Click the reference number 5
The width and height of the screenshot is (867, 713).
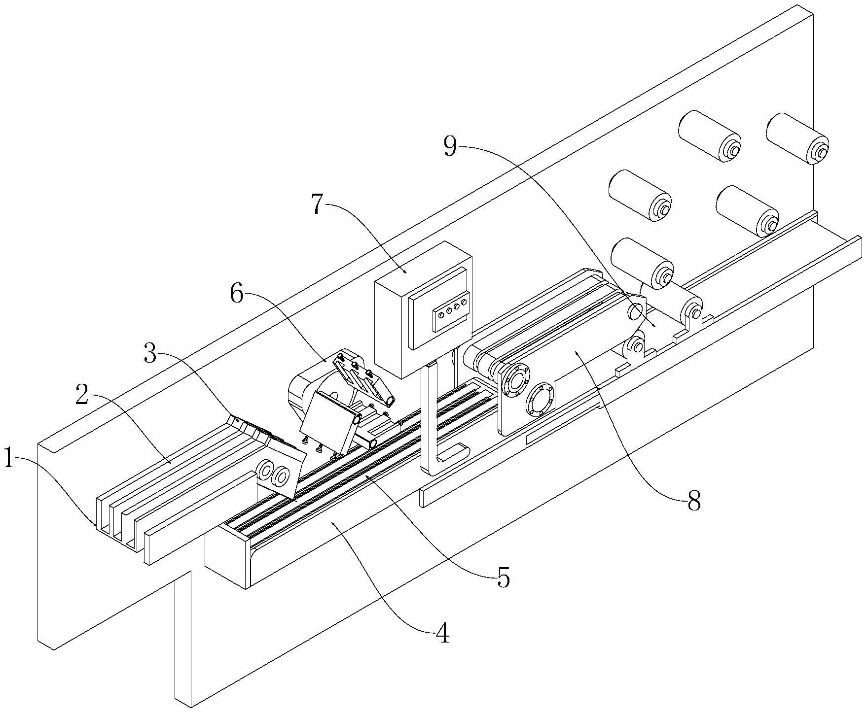503,578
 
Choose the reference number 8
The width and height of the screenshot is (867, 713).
694,502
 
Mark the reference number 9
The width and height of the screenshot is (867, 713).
450,147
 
